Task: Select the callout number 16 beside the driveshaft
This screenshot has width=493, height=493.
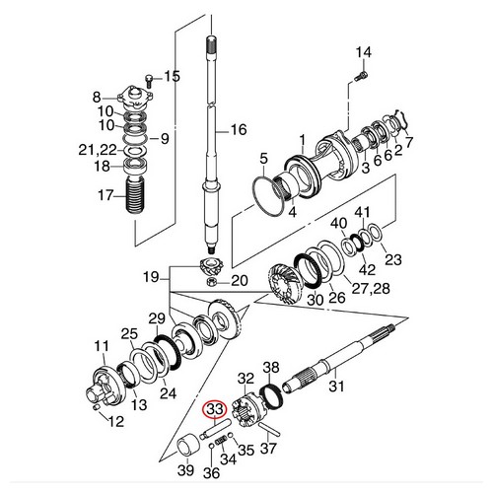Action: [x=238, y=130]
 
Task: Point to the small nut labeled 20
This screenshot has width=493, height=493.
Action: [x=210, y=281]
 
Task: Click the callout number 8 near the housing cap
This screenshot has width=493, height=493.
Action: [x=97, y=96]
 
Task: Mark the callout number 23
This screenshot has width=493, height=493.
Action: [x=393, y=260]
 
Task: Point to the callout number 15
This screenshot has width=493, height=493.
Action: [x=172, y=76]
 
